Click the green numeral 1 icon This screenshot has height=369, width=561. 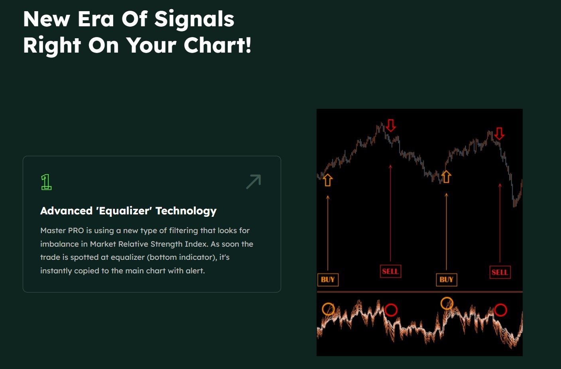point(46,182)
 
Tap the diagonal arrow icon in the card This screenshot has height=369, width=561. point(254,182)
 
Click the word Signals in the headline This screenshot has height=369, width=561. point(194,19)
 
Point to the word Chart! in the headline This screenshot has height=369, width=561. point(217,45)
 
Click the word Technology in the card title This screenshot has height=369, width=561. point(186,211)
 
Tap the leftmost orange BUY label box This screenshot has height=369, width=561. point(328,280)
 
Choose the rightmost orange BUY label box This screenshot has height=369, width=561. point(446,280)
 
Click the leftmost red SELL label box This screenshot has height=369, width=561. point(390,271)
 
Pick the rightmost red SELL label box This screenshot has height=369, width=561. point(500,272)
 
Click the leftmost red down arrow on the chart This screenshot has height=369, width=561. point(391,126)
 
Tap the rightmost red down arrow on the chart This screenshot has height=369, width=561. point(499,133)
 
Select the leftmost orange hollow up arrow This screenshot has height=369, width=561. point(328,180)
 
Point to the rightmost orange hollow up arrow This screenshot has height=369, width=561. point(446,177)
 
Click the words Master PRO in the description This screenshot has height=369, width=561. point(62,231)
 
